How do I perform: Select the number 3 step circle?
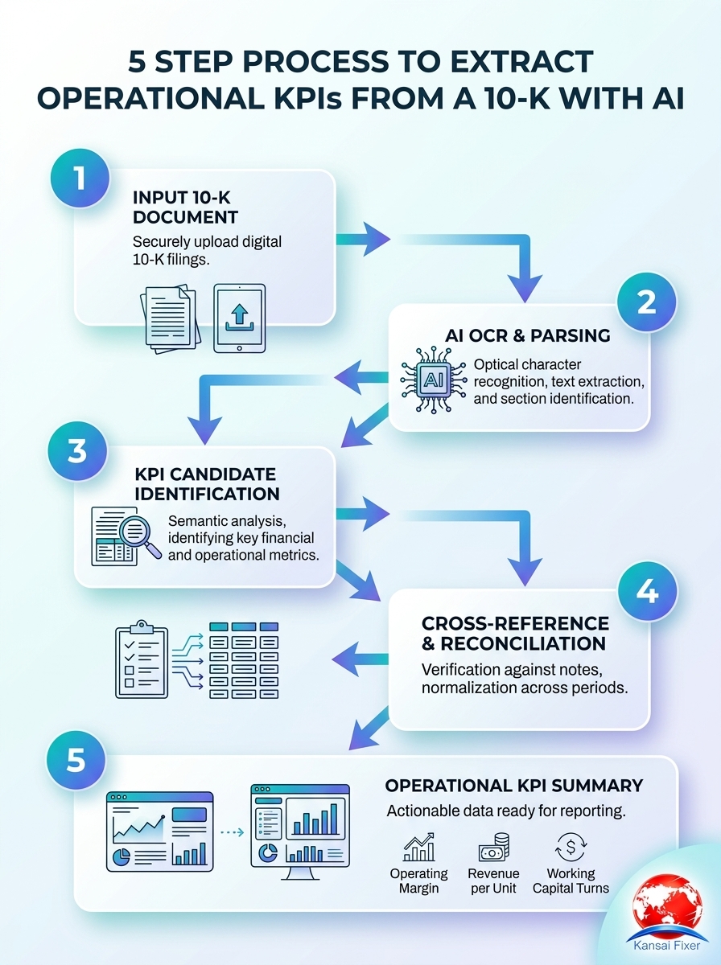point(77,452)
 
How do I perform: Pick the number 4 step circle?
point(647,591)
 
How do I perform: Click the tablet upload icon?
point(238,318)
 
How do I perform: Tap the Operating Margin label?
point(418,881)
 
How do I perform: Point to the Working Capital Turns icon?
point(571,848)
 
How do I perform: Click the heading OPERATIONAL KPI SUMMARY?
point(513,785)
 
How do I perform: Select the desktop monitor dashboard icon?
point(300,829)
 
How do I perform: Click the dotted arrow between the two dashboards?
point(231,832)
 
